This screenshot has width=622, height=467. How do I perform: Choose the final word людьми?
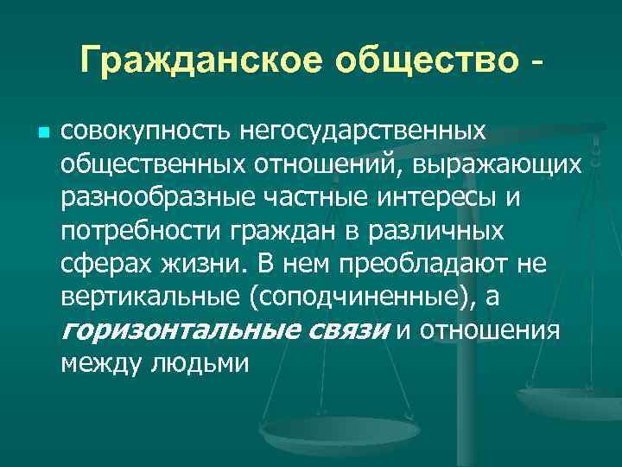point(200,364)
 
